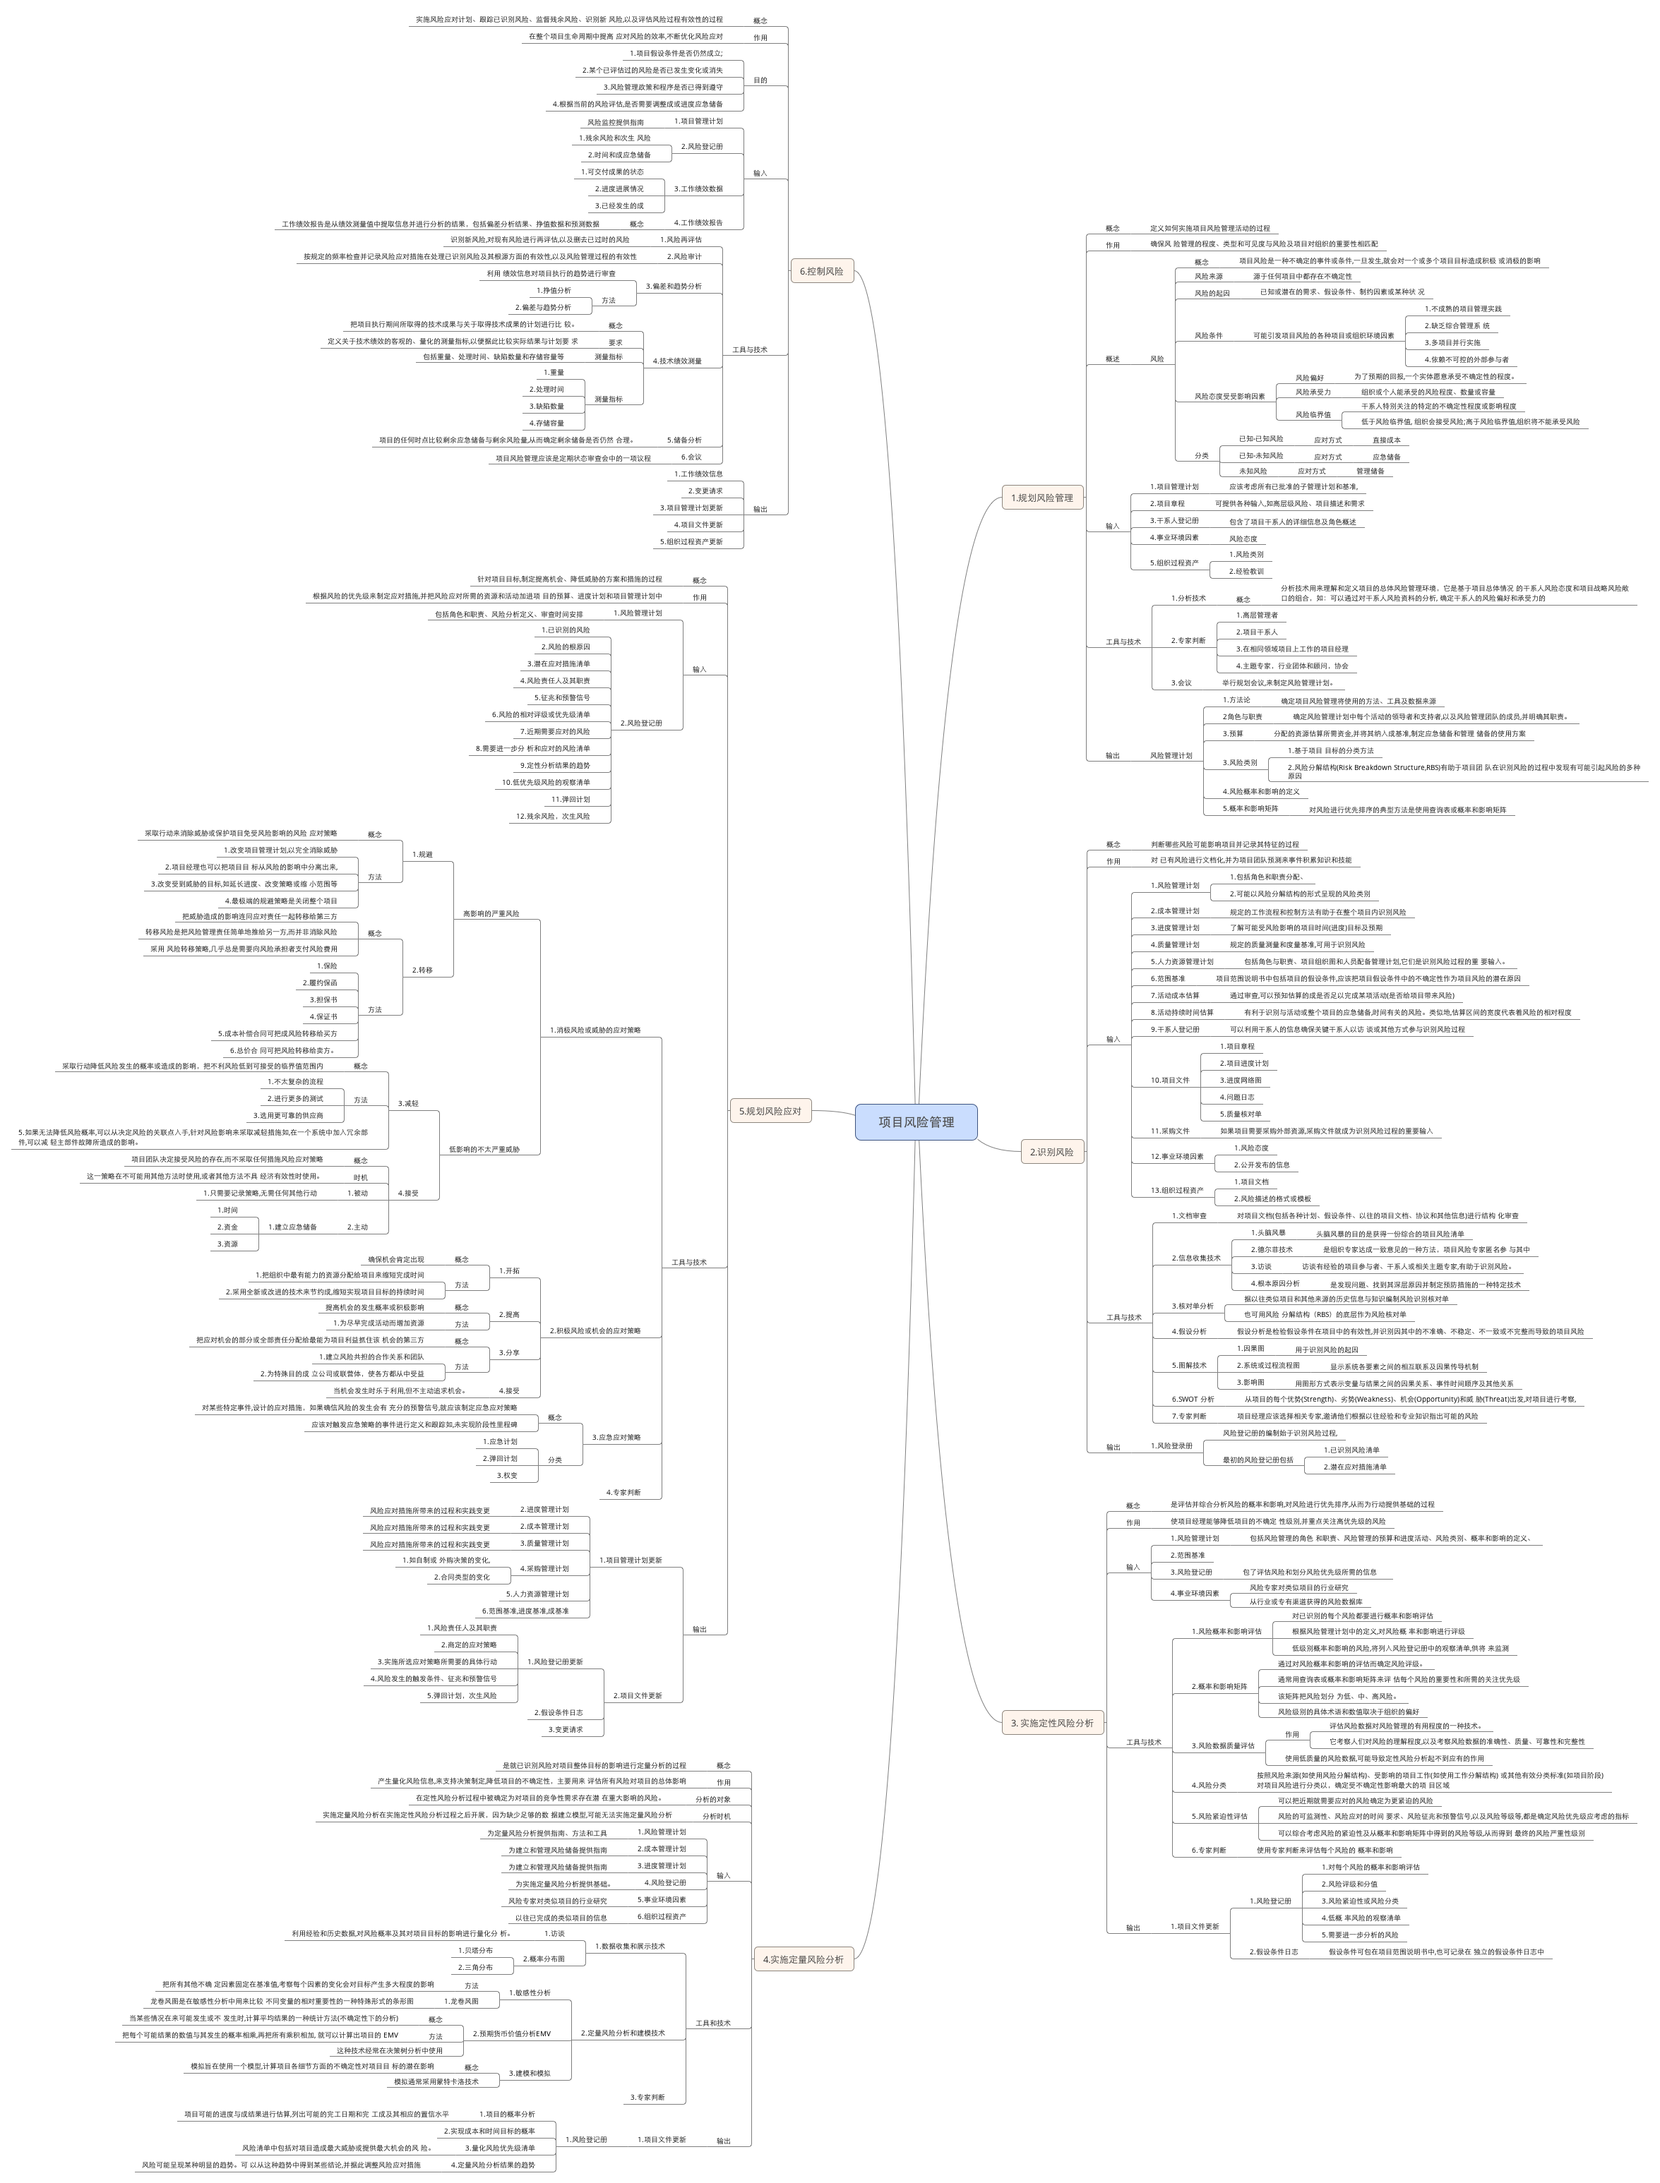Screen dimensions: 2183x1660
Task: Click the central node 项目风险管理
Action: click(916, 1122)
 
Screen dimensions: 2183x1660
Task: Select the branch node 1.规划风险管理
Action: click(1041, 498)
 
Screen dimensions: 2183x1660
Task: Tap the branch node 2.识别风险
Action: click(1051, 1152)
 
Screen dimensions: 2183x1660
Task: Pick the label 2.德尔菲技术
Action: click(1271, 1249)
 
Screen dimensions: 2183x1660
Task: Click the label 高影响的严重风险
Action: click(491, 914)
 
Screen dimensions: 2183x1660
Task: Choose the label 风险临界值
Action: click(1313, 415)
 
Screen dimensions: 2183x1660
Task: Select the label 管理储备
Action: click(1370, 471)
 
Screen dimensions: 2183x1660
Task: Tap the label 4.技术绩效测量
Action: click(677, 361)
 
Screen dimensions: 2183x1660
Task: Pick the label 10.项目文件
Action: click(1170, 1081)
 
